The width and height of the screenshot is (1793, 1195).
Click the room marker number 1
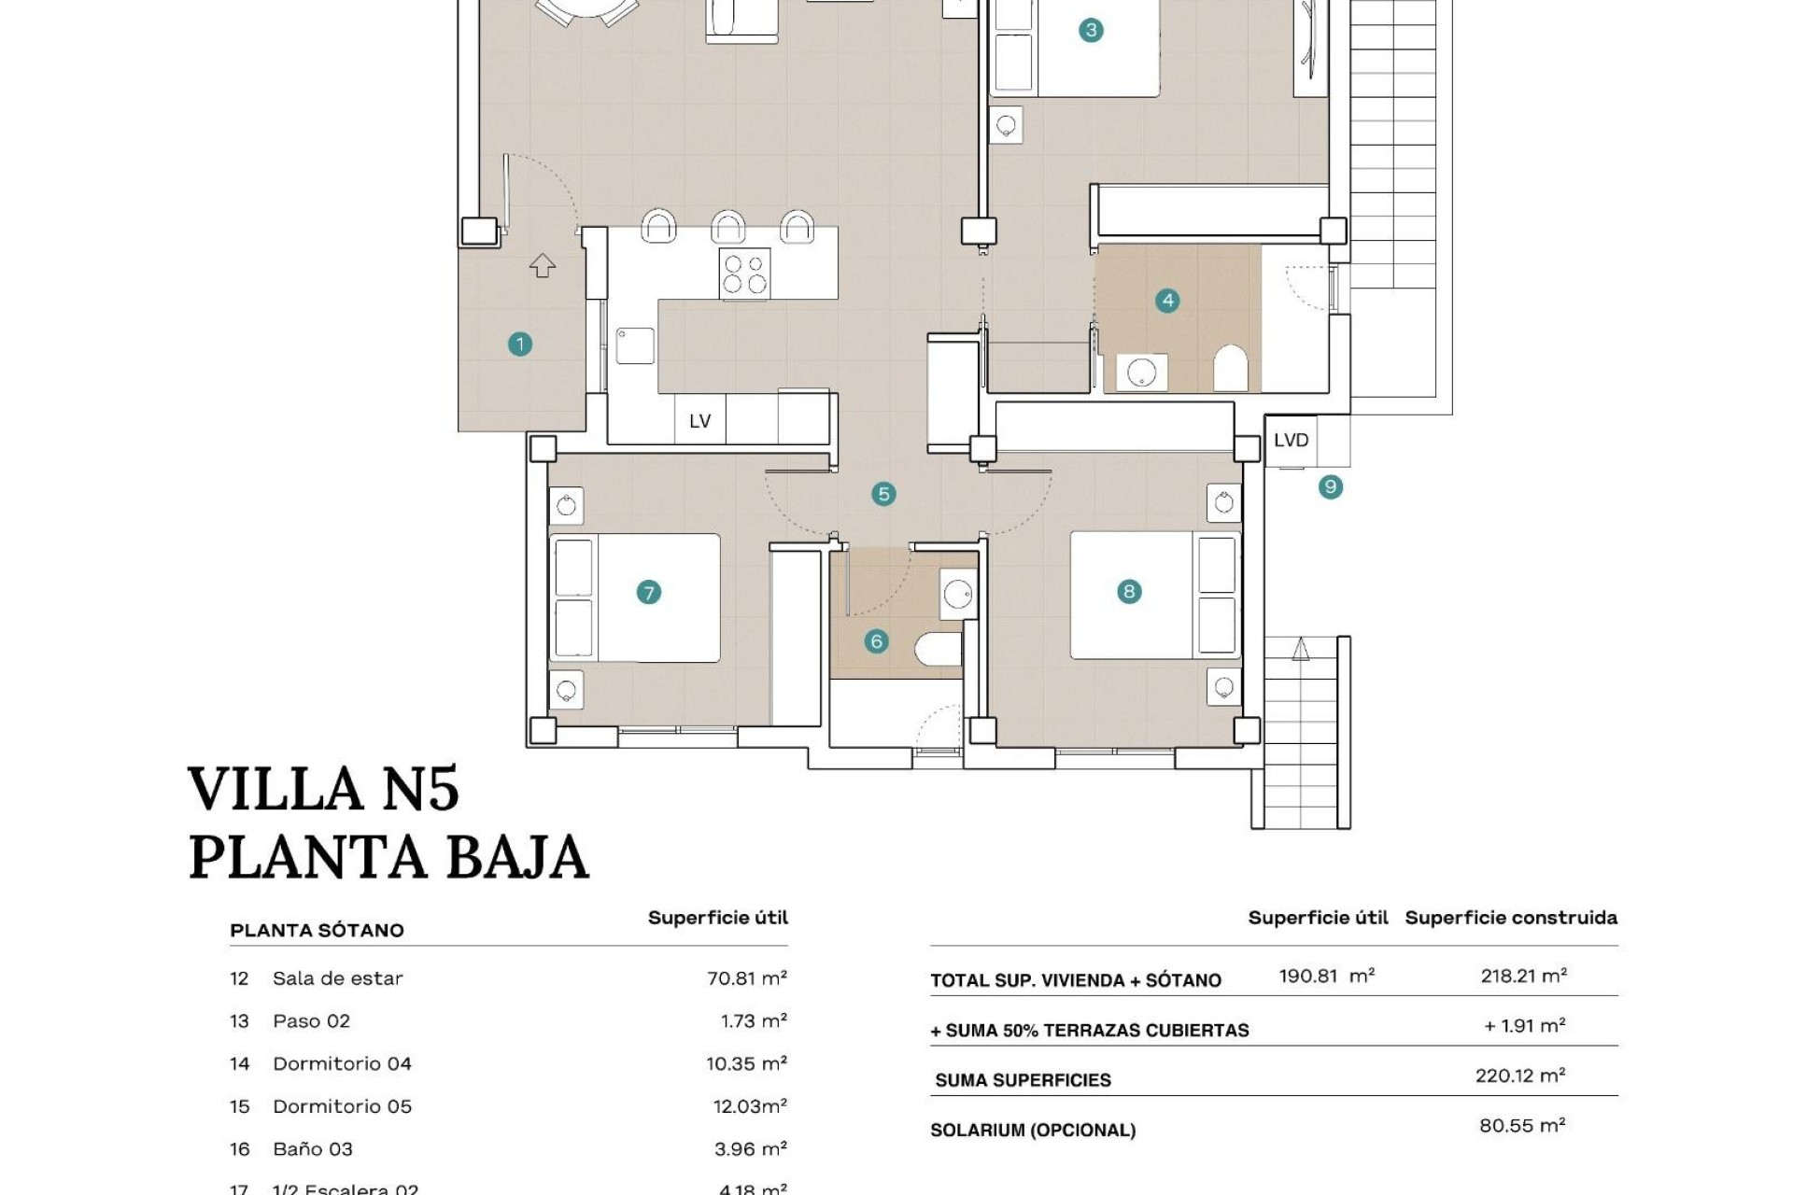coord(520,344)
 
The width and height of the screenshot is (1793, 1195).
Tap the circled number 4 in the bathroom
coord(1167,301)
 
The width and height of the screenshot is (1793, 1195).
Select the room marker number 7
coord(648,592)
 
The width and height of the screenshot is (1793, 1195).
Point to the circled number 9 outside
coord(1331,486)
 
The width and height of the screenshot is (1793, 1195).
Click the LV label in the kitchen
coord(699,421)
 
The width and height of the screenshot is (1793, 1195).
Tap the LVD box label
coord(1291,440)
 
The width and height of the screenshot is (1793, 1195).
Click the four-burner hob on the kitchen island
coord(744,274)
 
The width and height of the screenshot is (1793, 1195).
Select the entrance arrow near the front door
coord(543,266)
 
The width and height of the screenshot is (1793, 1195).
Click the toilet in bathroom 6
coord(938,649)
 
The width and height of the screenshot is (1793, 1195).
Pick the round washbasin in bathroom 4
coord(1141,373)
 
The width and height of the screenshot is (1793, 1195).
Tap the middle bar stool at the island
coord(728,227)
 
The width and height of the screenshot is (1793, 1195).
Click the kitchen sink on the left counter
coord(635,344)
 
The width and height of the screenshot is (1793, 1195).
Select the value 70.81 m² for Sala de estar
coord(746,978)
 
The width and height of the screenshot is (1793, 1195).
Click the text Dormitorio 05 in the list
coord(342,1106)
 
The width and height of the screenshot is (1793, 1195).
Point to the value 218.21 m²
coord(1523,976)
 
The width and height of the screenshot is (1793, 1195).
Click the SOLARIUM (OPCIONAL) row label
coord(1033,1130)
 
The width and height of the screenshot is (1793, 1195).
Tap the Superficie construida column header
coord(1510,918)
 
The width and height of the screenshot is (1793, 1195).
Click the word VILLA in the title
coord(275,789)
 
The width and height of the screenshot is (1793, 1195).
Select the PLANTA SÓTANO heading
coord(317,930)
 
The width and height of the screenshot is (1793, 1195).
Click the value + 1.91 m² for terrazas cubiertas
coord(1524,1025)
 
